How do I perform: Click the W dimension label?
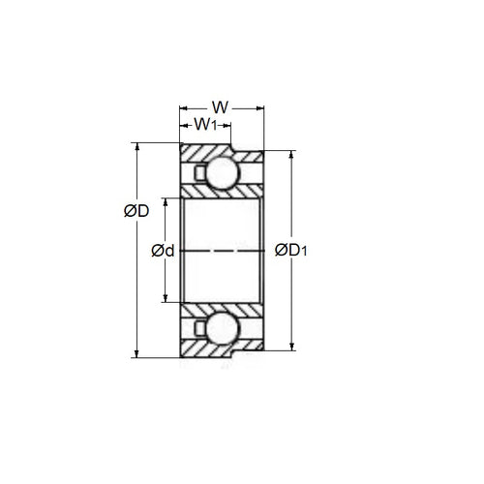pos(222,106)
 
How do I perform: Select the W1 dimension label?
pos(205,124)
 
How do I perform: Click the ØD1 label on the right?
pos(292,251)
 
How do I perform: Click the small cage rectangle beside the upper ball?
pos(199,174)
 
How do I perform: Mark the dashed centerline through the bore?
pos(223,252)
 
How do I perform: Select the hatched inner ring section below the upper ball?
pos(223,195)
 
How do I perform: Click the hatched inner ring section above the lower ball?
pos(223,307)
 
